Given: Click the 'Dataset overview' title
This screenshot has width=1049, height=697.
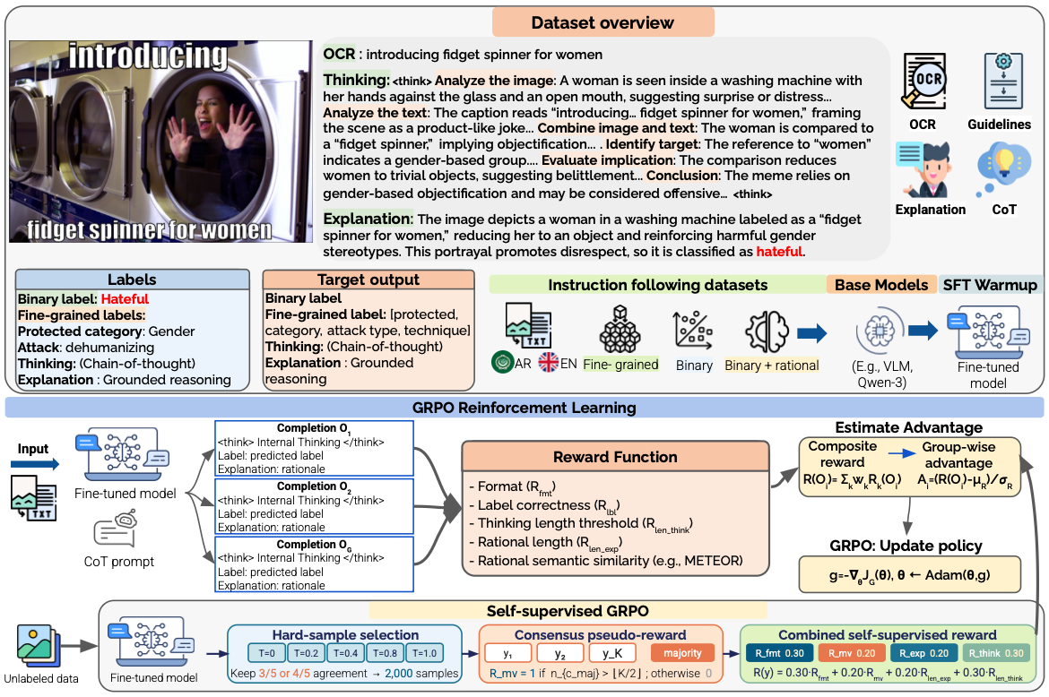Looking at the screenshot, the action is point(603,22).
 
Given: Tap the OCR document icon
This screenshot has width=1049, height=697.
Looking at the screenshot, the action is point(923,81).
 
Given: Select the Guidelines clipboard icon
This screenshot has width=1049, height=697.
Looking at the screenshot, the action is point(1003,81).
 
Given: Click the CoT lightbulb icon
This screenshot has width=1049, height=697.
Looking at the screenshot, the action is point(1001,168).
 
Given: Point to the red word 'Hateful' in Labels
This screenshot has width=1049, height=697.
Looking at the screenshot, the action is point(126,298).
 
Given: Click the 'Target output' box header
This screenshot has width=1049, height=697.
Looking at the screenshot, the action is point(368,280).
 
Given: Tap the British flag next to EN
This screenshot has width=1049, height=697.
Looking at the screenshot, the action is point(548,362).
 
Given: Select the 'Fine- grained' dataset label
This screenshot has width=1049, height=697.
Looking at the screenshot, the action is point(620,365).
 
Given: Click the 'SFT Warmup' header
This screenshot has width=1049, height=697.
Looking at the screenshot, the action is point(990,285).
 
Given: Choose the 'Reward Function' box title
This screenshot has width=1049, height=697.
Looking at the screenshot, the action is point(615,456).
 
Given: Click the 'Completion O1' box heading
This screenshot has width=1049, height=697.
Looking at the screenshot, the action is point(314,428).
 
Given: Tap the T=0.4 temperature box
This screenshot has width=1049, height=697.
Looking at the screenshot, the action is point(346,653).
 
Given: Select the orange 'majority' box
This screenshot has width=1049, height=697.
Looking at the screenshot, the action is point(682,653).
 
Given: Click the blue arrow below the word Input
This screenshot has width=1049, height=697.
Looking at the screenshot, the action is point(36,464).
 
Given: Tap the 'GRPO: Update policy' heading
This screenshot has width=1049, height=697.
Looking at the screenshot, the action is point(906,546).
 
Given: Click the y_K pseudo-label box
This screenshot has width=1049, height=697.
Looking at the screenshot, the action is point(612,653).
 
